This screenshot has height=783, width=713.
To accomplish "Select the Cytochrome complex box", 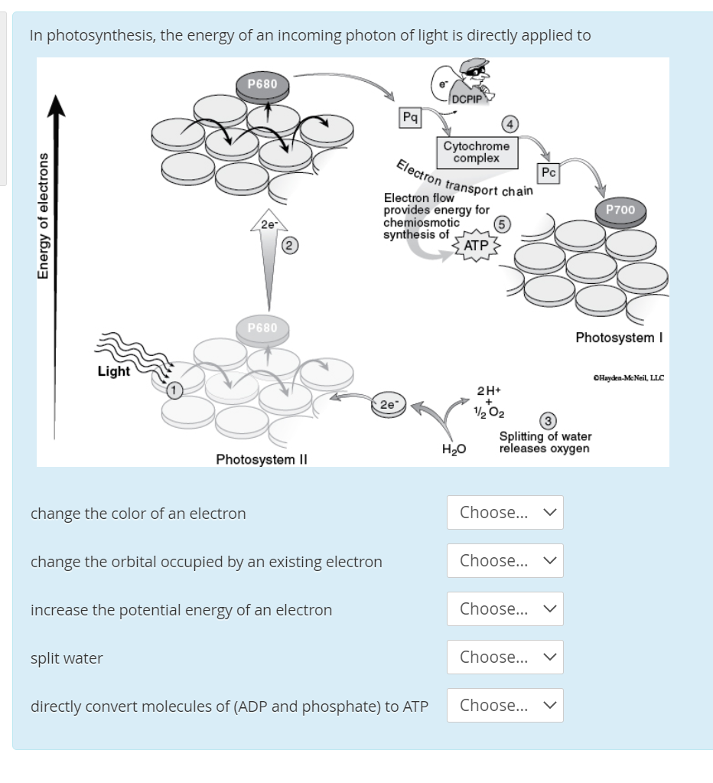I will coord(476,152).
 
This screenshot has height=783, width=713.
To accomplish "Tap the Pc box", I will coord(548,173).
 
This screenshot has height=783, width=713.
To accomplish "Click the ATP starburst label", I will coord(477,246).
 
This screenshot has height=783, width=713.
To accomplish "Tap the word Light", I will coord(114,371).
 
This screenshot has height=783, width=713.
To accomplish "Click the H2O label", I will coord(454,449).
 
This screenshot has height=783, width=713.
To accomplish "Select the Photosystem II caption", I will coord(261,459).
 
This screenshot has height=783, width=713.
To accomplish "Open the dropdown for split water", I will coord(506,657).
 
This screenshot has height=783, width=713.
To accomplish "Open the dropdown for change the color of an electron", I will coord(506,512).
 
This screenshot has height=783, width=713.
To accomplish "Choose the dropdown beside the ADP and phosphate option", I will coord(506,705).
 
